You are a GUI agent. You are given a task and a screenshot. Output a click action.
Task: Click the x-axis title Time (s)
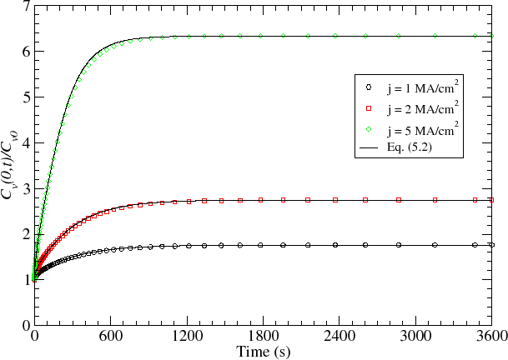263,352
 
